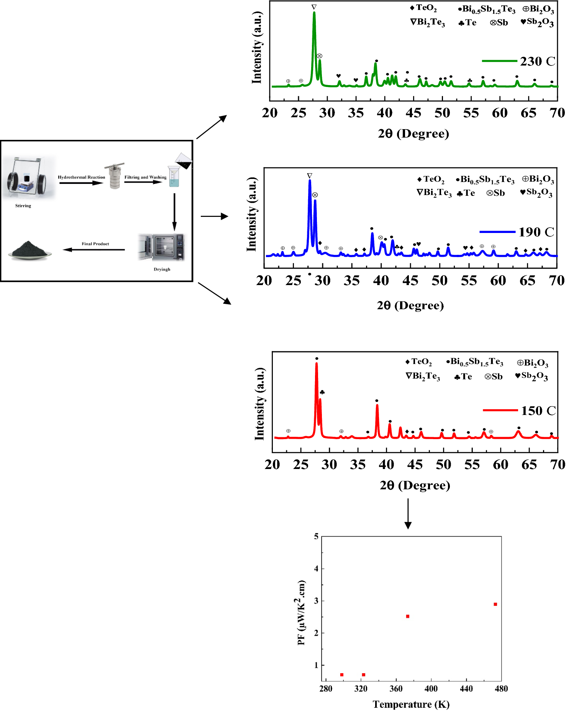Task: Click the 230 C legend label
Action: click(538, 61)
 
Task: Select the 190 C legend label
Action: click(536, 232)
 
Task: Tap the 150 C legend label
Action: click(538, 410)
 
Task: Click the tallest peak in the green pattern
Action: click(314, 13)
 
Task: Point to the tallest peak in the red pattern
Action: click(317, 363)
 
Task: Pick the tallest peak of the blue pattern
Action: click(310, 180)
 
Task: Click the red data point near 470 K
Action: click(495, 604)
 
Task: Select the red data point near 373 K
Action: click(408, 616)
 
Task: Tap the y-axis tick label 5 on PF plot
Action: click(316, 536)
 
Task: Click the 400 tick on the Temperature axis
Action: click(431, 689)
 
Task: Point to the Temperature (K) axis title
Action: click(411, 704)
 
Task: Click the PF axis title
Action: click(302, 612)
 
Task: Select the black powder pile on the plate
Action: click(29, 250)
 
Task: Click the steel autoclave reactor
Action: click(114, 176)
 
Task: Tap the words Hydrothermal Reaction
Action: click(81, 177)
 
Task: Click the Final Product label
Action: click(95, 244)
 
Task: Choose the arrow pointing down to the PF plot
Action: click(408, 514)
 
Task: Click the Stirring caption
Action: click(23, 206)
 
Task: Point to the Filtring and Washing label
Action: click(146, 177)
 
